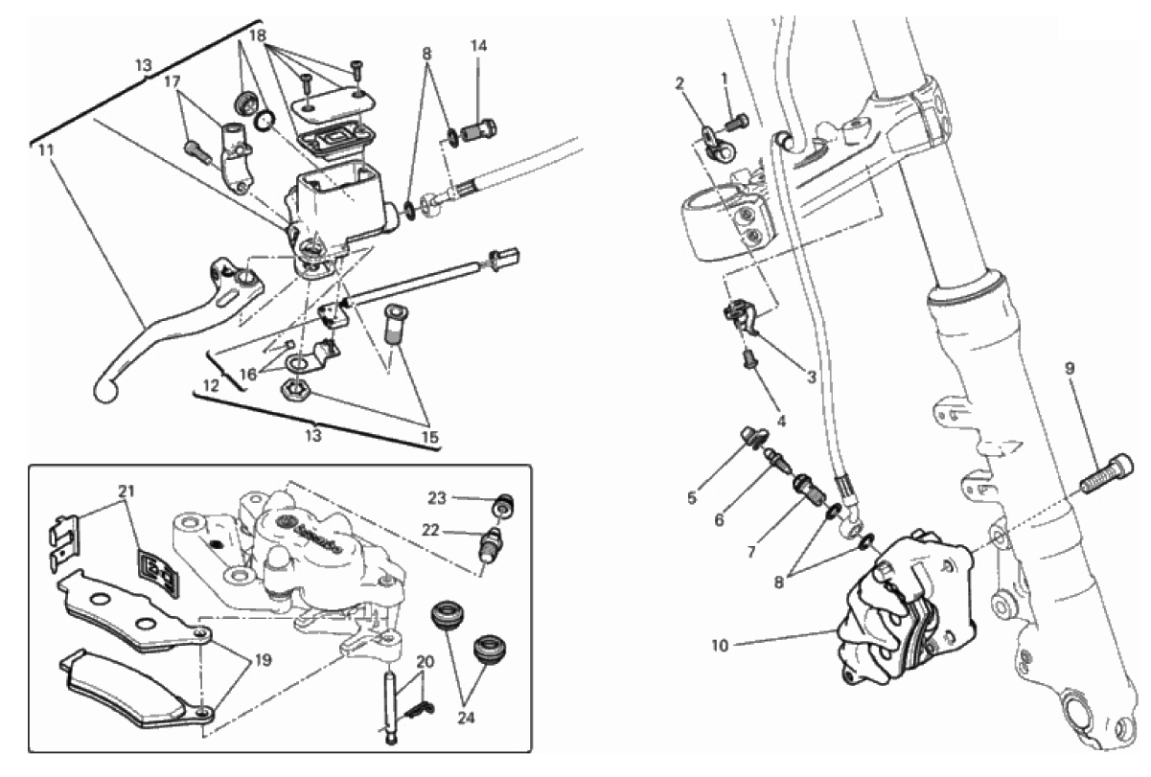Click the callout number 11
tap(45, 149)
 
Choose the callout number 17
tap(173, 81)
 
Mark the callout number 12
tap(211, 385)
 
